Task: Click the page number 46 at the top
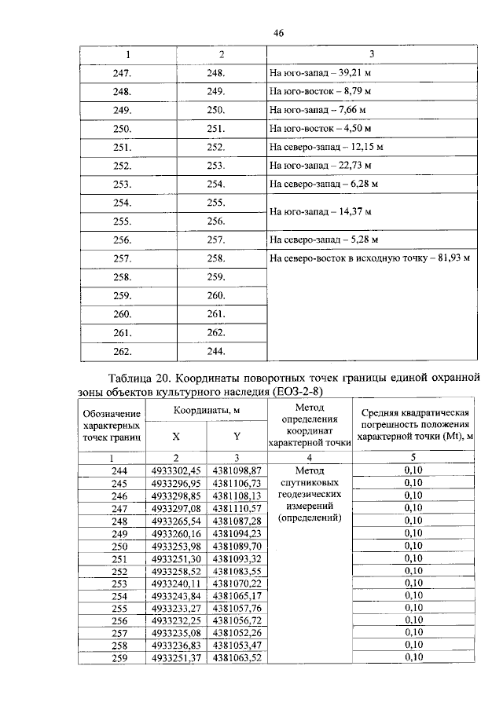tap(277, 32)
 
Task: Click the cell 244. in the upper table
tap(215, 350)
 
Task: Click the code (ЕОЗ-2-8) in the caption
tap(301, 390)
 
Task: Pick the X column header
tap(176, 437)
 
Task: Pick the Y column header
tap(236, 437)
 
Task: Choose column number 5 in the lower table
tap(413, 457)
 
